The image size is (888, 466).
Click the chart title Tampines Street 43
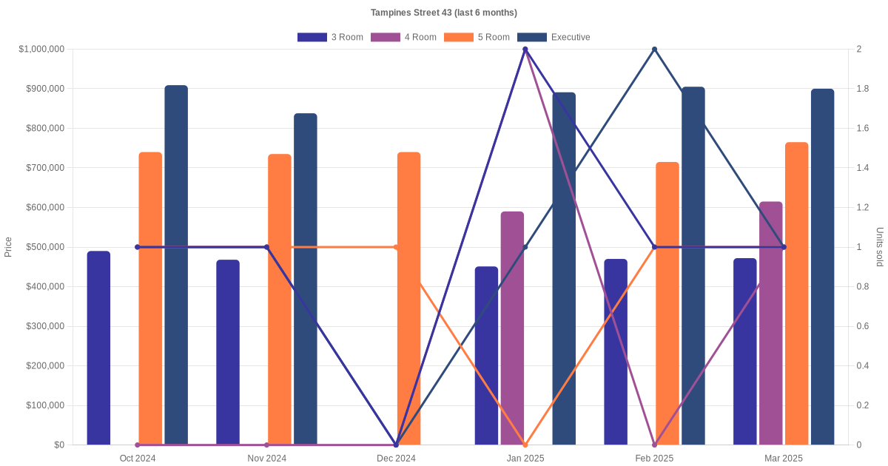[x=444, y=13]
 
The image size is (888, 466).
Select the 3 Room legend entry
[x=330, y=37]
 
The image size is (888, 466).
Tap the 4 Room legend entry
[x=403, y=37]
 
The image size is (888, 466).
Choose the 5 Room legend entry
[x=477, y=37]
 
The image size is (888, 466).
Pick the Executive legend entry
[x=554, y=37]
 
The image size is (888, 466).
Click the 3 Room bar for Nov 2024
[x=228, y=352]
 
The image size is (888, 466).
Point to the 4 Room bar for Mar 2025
[x=770, y=323]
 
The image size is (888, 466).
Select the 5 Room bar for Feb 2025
[x=667, y=303]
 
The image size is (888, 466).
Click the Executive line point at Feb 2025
[x=654, y=50]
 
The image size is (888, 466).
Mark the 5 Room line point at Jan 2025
[x=525, y=445]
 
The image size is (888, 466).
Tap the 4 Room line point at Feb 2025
[x=654, y=445]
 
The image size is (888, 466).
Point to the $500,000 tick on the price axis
[x=44, y=247]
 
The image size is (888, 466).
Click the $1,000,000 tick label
[x=41, y=50]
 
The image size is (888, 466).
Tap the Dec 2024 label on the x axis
[x=396, y=459]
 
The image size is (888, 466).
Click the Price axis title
[x=8, y=247]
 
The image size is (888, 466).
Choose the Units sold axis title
[x=880, y=247]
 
